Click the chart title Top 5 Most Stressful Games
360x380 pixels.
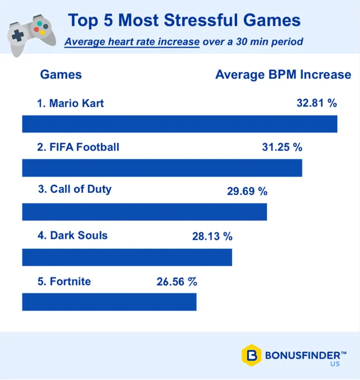click(184, 21)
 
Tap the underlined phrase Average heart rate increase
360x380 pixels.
click(132, 42)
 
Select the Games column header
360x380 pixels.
click(61, 75)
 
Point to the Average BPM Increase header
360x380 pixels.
click(283, 75)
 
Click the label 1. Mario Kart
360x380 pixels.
click(70, 103)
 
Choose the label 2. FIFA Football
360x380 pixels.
click(78, 147)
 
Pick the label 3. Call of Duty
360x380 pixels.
click(74, 189)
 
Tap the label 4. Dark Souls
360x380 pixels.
click(72, 235)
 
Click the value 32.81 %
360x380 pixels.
click(316, 103)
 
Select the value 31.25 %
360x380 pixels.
click(282, 148)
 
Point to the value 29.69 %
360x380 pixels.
click(247, 191)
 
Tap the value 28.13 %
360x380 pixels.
click(212, 236)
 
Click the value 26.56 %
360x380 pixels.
click(177, 282)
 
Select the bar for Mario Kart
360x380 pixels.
click(179, 124)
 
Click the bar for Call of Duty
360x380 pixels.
click(144, 212)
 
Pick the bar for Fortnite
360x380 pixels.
click(109, 302)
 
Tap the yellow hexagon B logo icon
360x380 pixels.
click(252, 355)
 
